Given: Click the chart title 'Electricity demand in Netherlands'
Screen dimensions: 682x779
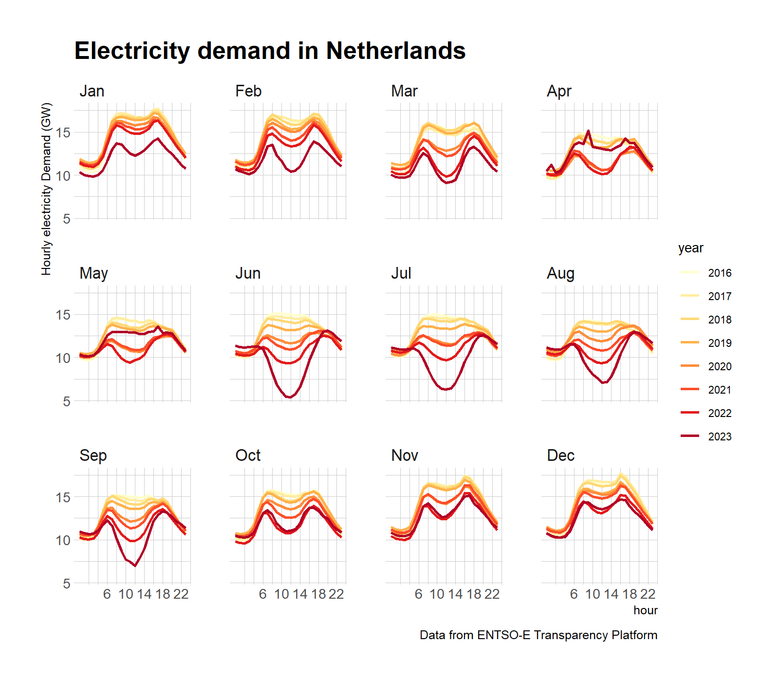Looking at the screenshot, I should point(270,51).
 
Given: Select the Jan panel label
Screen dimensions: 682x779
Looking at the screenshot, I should point(92,91).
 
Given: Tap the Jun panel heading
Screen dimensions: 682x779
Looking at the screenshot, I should point(248,273).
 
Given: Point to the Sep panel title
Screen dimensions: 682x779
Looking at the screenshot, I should point(93,455).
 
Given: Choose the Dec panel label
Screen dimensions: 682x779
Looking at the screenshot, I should point(560,455).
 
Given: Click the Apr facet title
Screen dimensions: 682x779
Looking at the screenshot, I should point(559,91).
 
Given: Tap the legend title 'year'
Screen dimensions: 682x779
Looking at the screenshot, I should point(690,248).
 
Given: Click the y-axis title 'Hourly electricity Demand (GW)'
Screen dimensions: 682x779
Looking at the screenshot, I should point(46,189).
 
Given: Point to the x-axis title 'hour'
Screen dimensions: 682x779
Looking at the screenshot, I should point(645,610).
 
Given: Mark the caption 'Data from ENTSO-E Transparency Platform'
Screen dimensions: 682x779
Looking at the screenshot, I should point(538,635).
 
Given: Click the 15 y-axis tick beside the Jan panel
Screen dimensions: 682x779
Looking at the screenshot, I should point(63,133).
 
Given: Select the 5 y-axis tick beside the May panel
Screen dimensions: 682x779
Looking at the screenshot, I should point(67,401).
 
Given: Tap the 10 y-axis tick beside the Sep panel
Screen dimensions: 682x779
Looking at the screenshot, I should point(63,540).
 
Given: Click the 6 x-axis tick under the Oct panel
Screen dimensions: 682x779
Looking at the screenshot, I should point(263,594).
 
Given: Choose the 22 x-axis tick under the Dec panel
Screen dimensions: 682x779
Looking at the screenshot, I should point(648,594).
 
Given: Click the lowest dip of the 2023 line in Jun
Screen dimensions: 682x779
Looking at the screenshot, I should point(290,398).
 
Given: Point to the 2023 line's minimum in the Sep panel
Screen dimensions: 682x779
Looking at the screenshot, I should point(135,566).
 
